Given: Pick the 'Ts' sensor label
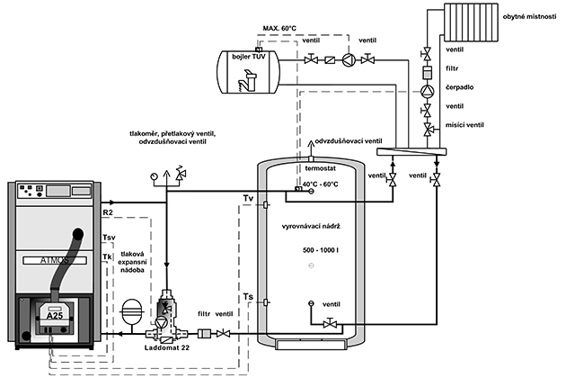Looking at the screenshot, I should coord(248,296).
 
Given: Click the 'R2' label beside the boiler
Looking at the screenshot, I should coord(109,212).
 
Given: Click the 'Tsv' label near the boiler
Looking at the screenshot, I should coord(110,239).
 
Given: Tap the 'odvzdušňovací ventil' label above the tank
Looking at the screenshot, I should coord(348,141).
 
